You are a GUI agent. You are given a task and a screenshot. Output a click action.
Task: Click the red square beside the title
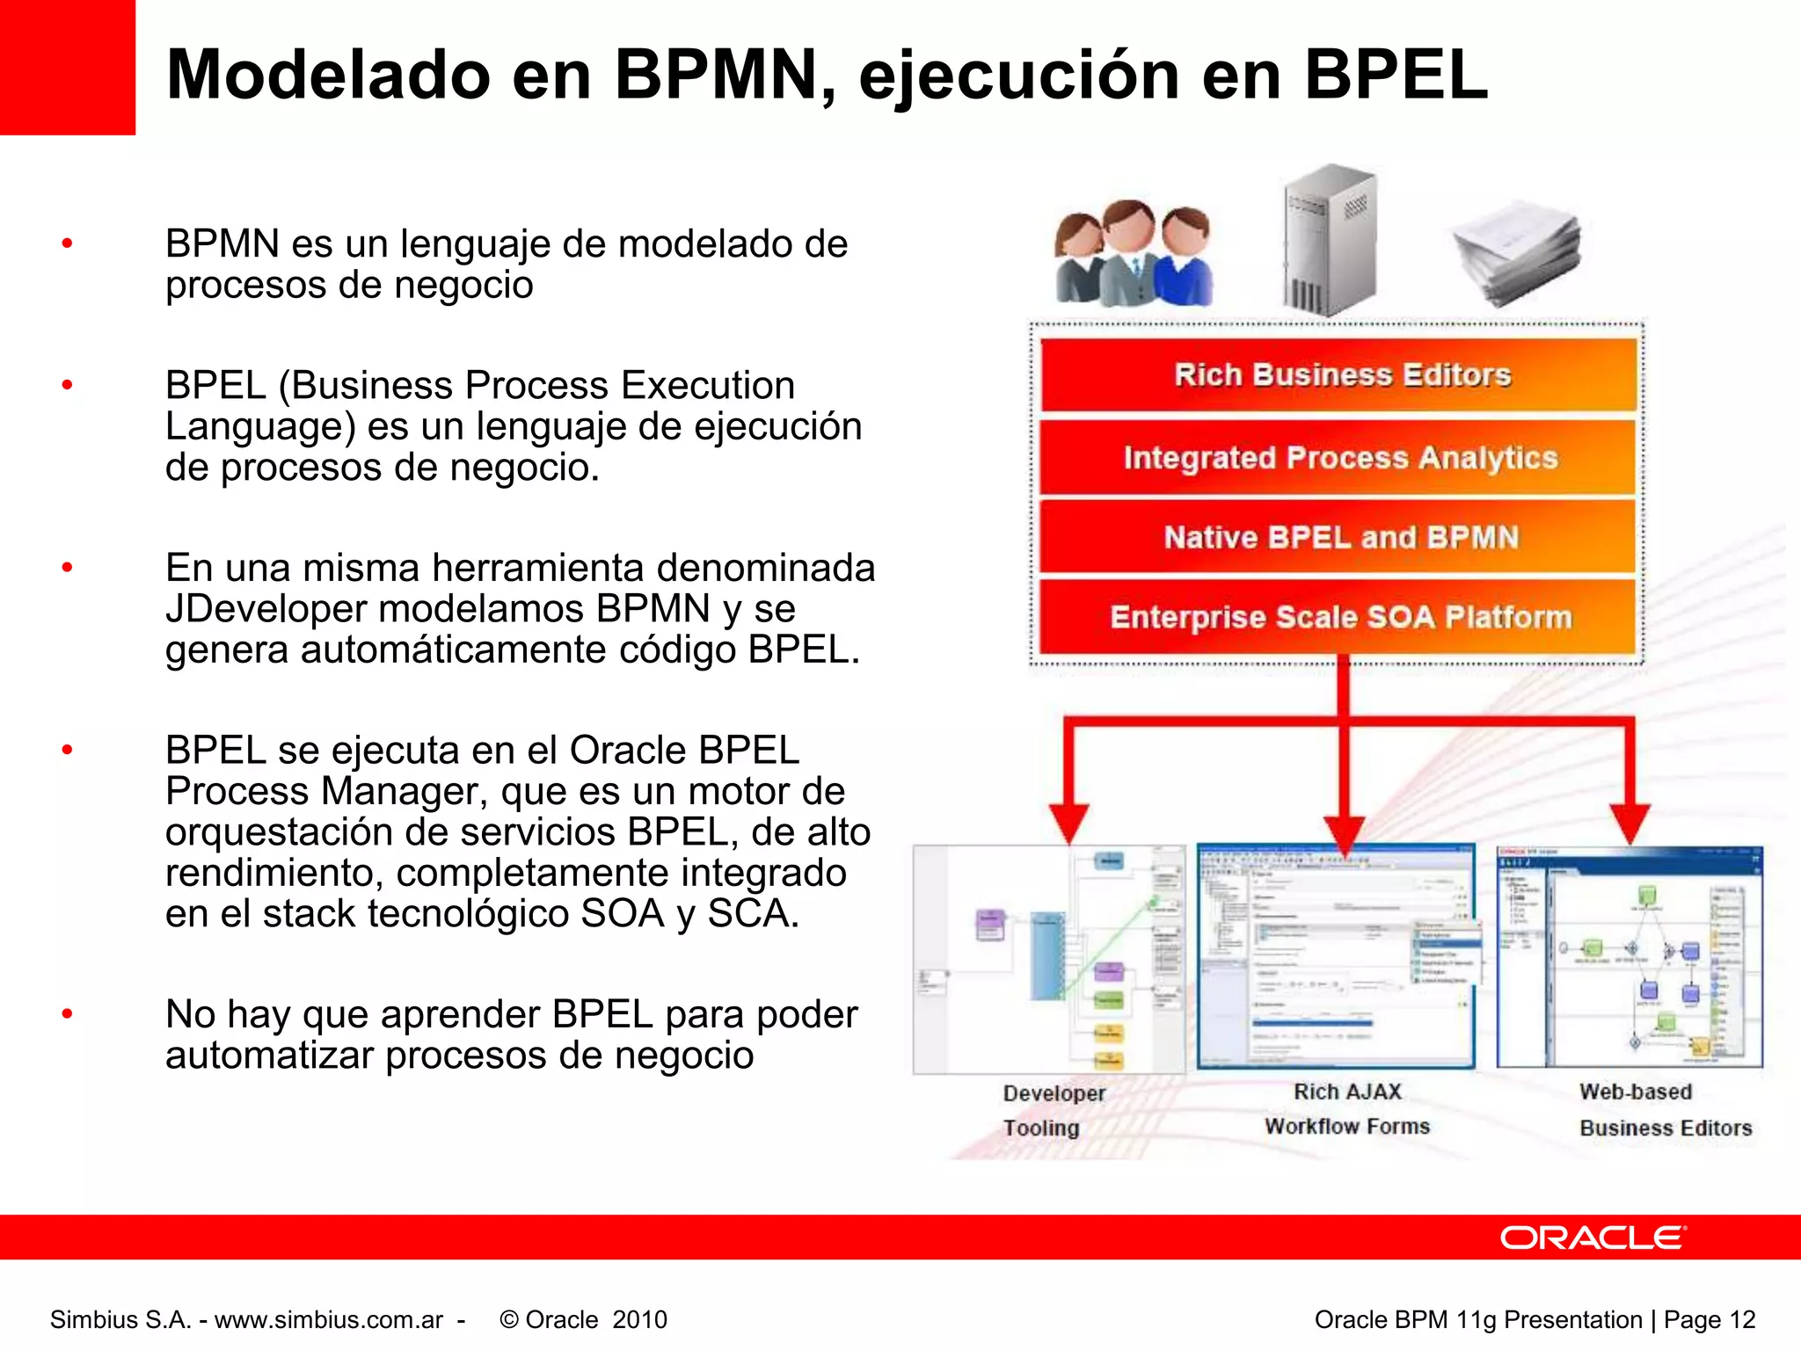coord(67,67)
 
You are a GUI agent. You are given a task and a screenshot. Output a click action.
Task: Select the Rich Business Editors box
coord(1339,375)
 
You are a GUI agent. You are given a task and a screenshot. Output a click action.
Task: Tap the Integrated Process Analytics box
coord(1339,458)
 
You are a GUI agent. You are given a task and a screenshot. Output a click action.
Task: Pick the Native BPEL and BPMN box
coord(1339,537)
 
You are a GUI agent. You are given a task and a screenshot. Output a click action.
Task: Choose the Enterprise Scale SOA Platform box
coord(1339,617)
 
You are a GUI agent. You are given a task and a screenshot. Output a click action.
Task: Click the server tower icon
coord(1329,239)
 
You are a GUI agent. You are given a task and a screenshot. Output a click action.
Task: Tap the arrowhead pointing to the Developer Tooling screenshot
coord(1069,822)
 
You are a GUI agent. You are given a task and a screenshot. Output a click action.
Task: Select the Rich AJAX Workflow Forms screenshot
coord(1336,956)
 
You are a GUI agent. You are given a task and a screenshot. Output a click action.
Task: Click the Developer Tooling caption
coord(1053,1110)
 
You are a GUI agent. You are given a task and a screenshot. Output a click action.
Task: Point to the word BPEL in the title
coord(1396,75)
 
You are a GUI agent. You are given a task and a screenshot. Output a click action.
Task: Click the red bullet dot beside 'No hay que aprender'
coord(67,1014)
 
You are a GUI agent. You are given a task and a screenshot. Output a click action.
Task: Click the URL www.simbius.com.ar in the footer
coord(329,1319)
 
